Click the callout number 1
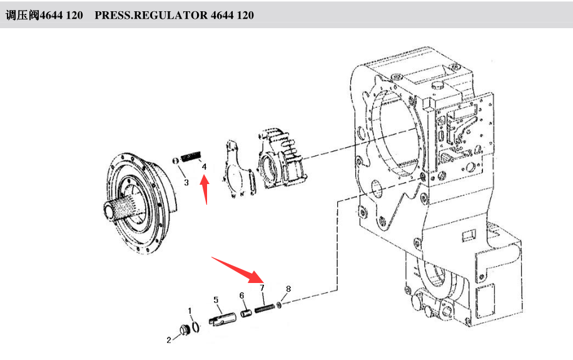click(191, 311)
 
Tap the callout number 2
click(169, 340)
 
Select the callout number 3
click(186, 182)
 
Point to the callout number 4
click(204, 167)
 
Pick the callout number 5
click(216, 300)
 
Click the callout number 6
click(241, 296)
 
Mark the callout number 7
click(263, 288)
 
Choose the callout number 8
click(288, 289)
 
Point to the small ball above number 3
click(177, 162)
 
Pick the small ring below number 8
click(279, 305)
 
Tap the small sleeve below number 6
click(245, 312)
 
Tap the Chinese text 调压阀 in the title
click(21, 15)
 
